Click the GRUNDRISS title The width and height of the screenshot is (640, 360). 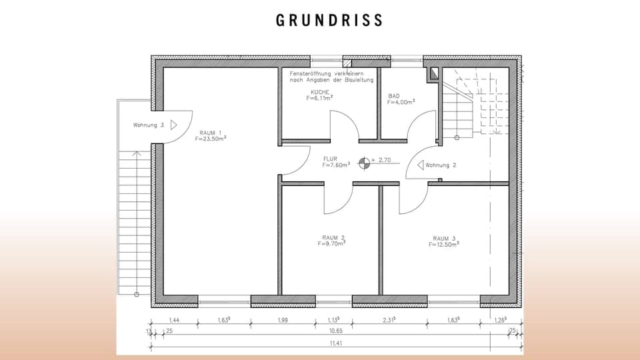pyautogui.click(x=329, y=20)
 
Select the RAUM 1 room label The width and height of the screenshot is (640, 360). pyautogui.click(x=210, y=133)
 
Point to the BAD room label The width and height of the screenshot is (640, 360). pyautogui.click(x=394, y=96)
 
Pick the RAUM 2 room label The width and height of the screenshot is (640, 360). pyautogui.click(x=333, y=237)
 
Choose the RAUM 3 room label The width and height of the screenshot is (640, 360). pyautogui.click(x=444, y=238)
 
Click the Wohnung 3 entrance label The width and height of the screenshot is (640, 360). pyautogui.click(x=148, y=125)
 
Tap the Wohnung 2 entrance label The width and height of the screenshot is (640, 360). pyautogui.click(x=441, y=165)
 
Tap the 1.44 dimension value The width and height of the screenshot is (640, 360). pyautogui.click(x=175, y=321)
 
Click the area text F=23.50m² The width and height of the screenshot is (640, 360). pyautogui.click(x=211, y=140)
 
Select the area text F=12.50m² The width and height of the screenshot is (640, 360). pyautogui.click(x=444, y=245)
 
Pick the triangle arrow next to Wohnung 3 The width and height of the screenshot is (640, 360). pyautogui.click(x=173, y=125)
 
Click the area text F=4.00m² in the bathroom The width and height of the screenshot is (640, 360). pyautogui.click(x=401, y=102)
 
